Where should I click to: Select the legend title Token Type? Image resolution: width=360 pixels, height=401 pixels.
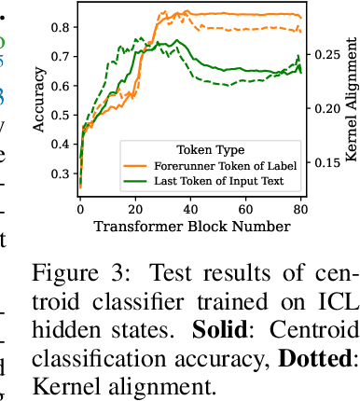tap(211, 149)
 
